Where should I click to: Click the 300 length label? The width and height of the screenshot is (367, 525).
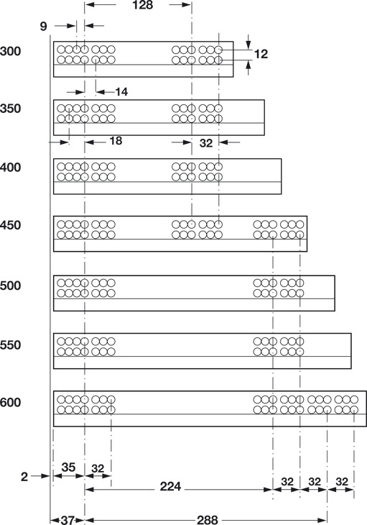click(10, 52)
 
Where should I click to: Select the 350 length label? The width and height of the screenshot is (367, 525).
click(10, 109)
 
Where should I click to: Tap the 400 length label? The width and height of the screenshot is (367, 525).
click(10, 167)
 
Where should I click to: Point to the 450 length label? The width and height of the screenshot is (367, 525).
click(10, 225)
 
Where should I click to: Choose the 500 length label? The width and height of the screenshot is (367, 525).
click(10, 286)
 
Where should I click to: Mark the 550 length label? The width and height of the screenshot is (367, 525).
click(10, 345)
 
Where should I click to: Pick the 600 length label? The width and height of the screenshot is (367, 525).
click(10, 402)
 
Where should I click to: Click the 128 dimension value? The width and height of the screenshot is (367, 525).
click(143, 5)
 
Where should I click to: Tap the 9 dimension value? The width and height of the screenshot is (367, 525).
click(44, 26)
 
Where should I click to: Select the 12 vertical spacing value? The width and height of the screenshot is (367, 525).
click(261, 53)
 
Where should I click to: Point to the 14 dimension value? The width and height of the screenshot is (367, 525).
click(121, 92)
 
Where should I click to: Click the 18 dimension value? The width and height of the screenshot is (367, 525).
click(116, 141)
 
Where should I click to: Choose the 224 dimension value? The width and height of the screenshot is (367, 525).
click(170, 486)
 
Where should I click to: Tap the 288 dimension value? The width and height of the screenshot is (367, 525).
click(208, 520)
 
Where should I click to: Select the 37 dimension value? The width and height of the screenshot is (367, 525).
click(68, 520)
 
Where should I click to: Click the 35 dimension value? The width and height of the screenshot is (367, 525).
click(68, 467)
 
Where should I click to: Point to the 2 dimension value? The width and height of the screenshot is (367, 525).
click(24, 476)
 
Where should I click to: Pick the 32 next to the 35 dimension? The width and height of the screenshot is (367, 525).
click(98, 468)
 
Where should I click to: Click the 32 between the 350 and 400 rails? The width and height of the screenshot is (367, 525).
click(206, 143)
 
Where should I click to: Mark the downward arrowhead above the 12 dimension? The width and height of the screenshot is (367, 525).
click(248, 45)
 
